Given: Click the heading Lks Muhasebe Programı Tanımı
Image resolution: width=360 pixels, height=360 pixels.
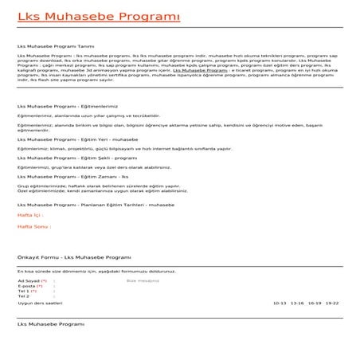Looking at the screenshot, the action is [x=51, y=47].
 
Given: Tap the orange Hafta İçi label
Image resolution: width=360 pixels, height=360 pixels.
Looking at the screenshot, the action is [x=30, y=215].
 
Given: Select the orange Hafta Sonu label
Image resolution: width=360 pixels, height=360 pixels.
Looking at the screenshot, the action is [x=34, y=226].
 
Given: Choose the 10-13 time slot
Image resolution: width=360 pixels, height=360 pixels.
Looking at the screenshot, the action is [x=279, y=303].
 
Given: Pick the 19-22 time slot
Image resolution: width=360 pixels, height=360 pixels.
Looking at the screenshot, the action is [x=332, y=303].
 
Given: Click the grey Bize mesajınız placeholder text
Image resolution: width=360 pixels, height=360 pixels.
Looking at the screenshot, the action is [x=143, y=281].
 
